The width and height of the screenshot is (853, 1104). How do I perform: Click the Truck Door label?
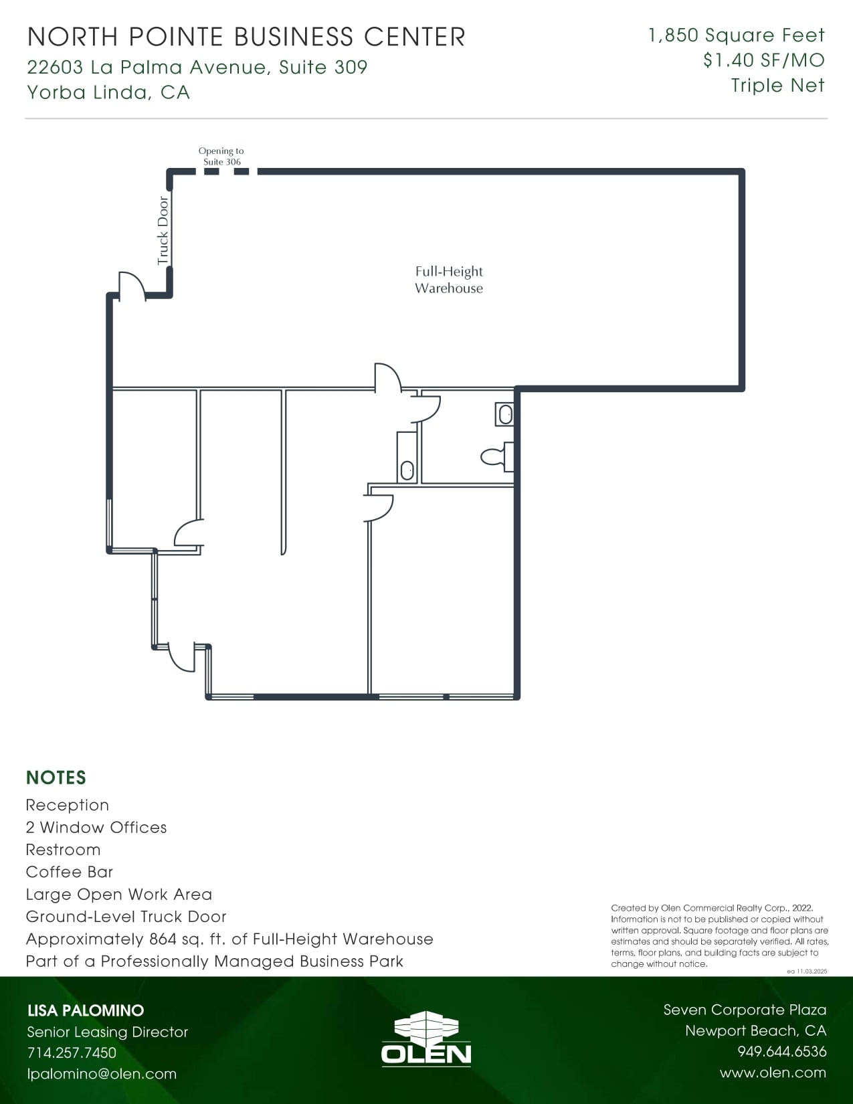163,231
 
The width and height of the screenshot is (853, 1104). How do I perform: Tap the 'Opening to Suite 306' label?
221,157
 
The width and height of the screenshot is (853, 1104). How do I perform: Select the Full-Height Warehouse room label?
448,280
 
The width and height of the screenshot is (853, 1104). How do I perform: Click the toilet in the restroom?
495,457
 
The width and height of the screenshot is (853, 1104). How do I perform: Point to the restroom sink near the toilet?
505,414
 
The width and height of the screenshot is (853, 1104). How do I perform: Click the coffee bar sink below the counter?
407,470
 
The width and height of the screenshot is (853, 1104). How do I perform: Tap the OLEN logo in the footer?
426,1038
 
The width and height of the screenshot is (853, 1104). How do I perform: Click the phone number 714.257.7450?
72,1052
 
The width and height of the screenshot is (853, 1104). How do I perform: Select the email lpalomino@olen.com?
102,1074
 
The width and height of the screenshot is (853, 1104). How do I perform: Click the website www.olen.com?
773,1073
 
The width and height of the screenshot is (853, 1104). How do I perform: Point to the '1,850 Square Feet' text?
737,35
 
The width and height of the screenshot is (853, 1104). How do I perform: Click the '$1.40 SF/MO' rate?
763,60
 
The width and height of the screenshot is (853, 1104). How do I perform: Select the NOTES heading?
56,777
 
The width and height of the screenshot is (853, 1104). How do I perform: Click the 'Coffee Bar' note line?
70,872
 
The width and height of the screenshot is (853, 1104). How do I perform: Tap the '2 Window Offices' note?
96,828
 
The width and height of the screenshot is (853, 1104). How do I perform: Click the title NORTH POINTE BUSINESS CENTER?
246,37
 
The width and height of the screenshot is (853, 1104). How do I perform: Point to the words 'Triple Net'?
777,86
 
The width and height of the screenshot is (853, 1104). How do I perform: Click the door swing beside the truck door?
132,285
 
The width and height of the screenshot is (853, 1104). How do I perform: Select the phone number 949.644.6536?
781,1052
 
